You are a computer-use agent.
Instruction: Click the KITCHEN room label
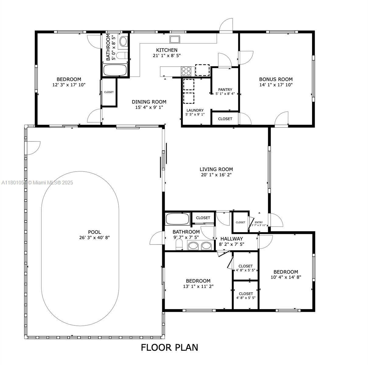[166, 50]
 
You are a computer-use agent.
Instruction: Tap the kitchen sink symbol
[175, 39]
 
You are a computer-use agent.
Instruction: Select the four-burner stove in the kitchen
[186, 71]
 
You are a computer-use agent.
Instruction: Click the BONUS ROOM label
[276, 79]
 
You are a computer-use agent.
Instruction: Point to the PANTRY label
[225, 89]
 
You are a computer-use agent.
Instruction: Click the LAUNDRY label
[195, 110]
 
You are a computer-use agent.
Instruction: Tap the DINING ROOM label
[149, 102]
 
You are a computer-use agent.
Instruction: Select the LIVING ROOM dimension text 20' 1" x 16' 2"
[216, 175]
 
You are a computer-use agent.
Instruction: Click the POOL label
[94, 232]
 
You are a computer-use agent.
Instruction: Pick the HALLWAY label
[232, 239]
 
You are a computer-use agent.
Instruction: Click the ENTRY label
[258, 222]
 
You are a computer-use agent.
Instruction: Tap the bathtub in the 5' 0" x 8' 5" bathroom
[115, 70]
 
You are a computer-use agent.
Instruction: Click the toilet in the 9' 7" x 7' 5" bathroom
[179, 245]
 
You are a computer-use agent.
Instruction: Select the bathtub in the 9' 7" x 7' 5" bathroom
[177, 219]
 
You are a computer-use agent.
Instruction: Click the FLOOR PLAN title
[170, 347]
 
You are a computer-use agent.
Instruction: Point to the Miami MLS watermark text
[37, 183]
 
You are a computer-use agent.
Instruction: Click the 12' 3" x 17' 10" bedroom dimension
[69, 85]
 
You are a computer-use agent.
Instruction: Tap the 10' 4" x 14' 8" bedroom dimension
[286, 277]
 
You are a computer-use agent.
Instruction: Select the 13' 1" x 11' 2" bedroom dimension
[198, 286]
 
